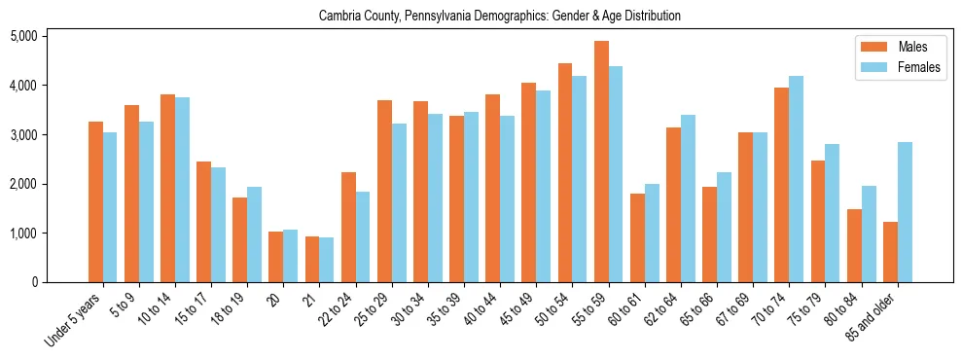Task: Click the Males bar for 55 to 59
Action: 601,162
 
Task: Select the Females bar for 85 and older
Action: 905,212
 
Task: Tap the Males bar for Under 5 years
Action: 95,201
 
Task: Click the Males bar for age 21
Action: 312,259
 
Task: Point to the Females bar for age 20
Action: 291,256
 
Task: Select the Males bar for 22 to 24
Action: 348,227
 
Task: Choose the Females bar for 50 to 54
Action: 580,179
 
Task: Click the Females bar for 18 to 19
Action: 254,234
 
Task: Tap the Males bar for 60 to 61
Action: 637,237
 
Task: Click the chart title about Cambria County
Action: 499,16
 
